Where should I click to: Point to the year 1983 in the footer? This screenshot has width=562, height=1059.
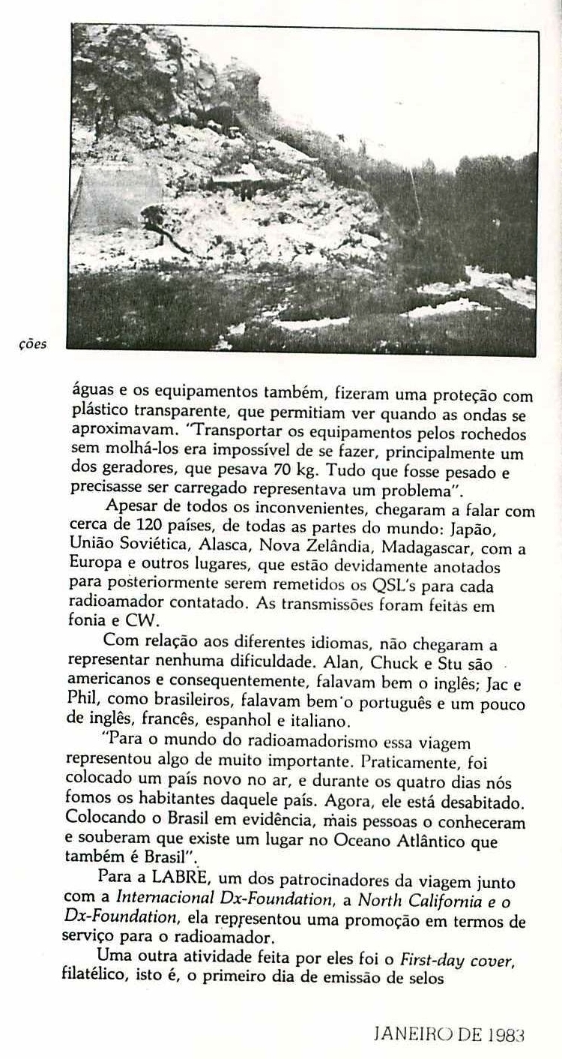(x=503, y=1035)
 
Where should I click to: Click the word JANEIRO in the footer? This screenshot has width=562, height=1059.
(x=411, y=1035)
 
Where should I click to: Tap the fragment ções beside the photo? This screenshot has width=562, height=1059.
(x=31, y=345)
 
